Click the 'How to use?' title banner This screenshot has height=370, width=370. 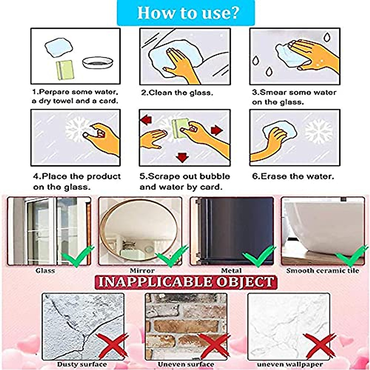pos(186,13)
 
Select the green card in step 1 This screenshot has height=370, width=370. pos(64,70)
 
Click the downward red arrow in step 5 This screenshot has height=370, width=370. pos(182,158)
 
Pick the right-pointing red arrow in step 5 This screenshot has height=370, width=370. pos(217,130)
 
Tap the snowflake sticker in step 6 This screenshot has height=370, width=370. pos(319,131)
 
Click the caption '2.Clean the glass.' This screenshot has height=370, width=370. pos(177,92)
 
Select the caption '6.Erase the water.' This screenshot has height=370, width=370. pos(293,176)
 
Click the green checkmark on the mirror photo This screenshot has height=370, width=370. pos(171,256)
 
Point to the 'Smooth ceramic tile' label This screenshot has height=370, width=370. pos(323,271)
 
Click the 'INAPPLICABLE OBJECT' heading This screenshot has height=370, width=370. pos(186,282)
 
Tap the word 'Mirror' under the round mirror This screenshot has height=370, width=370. pos(142,271)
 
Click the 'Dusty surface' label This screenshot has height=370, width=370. pos(82,364)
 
